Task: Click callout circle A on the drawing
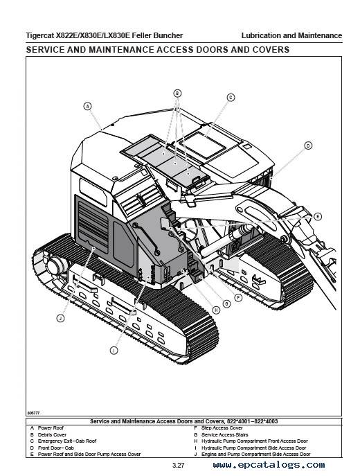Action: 87,106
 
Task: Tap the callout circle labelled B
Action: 177,94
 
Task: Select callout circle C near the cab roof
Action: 231,98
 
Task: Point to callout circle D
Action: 308,146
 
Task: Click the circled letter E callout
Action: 318,217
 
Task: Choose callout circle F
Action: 239,298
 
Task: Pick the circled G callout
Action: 226,304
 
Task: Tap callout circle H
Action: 216,310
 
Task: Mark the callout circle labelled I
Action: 114,351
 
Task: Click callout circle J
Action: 61,318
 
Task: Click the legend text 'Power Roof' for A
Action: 51,428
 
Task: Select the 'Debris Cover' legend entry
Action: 52,434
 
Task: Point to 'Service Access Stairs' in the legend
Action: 225,434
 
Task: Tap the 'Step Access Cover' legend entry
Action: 222,428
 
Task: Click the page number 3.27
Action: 179,466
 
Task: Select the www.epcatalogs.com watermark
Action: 269,465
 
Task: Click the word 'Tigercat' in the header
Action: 39,36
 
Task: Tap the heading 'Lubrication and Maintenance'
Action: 291,35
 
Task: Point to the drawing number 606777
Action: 33,413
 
